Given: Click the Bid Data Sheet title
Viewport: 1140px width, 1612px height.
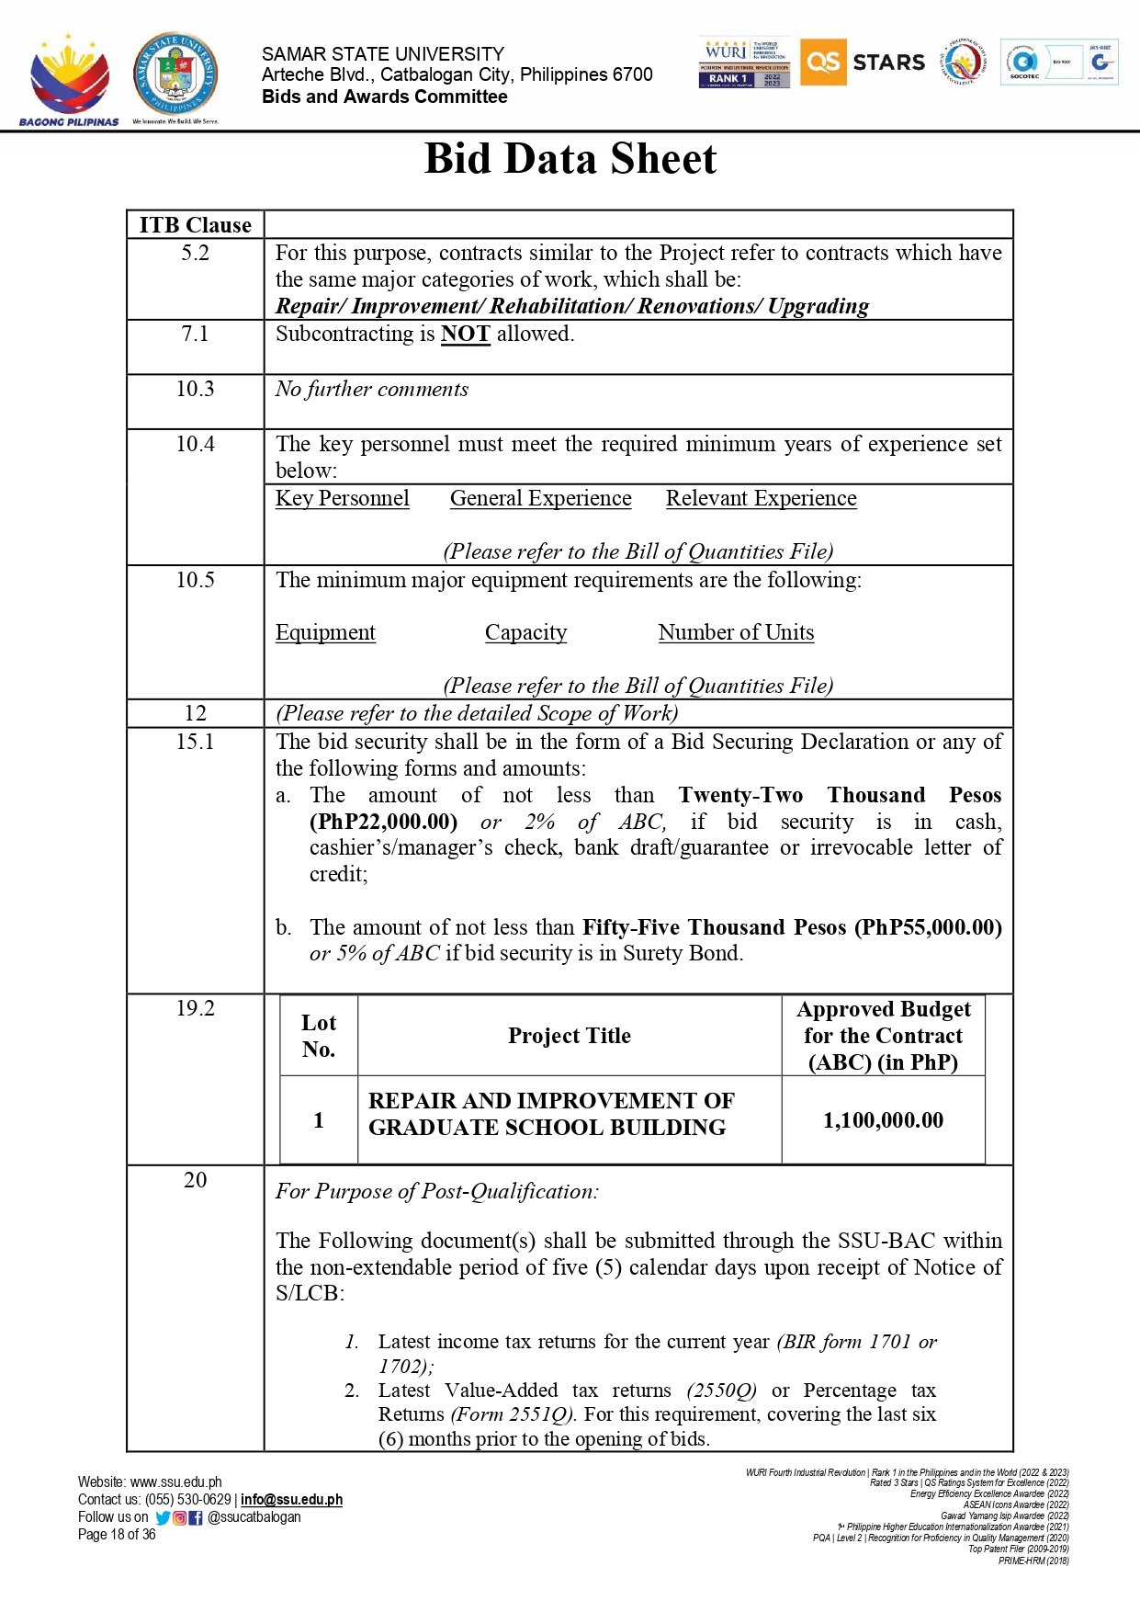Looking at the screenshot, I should (570, 159).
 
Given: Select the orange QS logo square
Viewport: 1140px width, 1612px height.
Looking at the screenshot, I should (822, 62).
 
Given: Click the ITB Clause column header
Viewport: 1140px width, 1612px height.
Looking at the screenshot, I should (195, 225).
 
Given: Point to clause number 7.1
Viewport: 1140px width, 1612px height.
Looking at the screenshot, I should (195, 334).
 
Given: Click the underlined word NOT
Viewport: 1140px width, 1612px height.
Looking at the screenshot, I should (465, 334).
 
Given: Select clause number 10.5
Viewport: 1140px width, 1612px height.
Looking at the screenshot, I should (195, 580).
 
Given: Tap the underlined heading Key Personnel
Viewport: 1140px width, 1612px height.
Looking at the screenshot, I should (342, 498).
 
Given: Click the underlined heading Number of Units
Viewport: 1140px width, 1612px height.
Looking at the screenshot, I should (736, 632).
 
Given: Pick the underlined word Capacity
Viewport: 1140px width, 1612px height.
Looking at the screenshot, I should (525, 632).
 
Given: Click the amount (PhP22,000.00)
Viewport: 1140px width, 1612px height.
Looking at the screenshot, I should (383, 822).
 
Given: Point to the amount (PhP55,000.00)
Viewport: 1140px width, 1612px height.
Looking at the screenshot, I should (928, 927).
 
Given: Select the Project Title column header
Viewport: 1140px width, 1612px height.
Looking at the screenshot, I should (569, 1036).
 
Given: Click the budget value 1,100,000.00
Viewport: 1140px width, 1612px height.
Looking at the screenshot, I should (883, 1120).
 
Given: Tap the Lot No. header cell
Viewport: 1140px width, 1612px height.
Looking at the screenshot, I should (318, 1036).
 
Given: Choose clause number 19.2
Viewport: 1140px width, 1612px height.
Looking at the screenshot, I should (195, 1008).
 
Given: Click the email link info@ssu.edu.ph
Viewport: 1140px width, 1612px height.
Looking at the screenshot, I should (291, 1499).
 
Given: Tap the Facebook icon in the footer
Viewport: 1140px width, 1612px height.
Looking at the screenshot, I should (196, 1517).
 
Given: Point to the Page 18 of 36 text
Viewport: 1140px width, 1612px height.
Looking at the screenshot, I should (117, 1534).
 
